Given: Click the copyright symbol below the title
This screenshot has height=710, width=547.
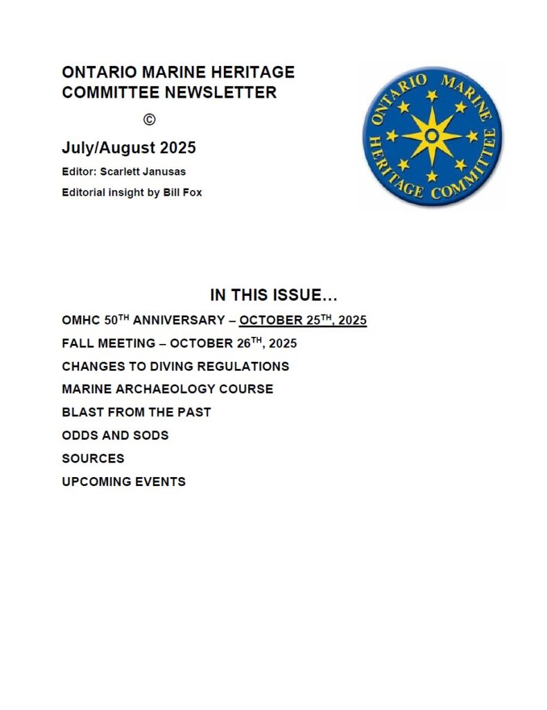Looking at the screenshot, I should (149, 119).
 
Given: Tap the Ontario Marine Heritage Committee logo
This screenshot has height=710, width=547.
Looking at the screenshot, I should (432, 136).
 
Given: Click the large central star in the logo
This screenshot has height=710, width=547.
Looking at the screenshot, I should (432, 136).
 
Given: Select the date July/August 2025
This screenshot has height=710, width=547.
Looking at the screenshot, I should (129, 148).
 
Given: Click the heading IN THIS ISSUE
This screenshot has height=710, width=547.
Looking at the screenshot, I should (274, 295).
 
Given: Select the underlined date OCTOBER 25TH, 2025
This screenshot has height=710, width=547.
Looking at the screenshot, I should (303, 320).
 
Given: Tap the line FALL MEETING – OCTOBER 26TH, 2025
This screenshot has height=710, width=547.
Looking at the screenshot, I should (180, 343).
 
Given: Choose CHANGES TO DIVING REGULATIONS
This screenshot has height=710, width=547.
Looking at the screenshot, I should (175, 366).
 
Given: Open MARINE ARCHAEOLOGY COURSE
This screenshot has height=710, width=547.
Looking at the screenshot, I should (167, 389).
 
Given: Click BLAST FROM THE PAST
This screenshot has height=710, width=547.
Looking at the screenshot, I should (137, 412).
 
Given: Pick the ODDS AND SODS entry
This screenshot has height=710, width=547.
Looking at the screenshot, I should (115, 435).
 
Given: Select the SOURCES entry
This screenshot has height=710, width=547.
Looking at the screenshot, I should (93, 458).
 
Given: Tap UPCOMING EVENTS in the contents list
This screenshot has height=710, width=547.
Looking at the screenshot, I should (123, 481).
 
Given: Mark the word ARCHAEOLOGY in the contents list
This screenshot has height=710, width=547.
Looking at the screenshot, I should (182, 389).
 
